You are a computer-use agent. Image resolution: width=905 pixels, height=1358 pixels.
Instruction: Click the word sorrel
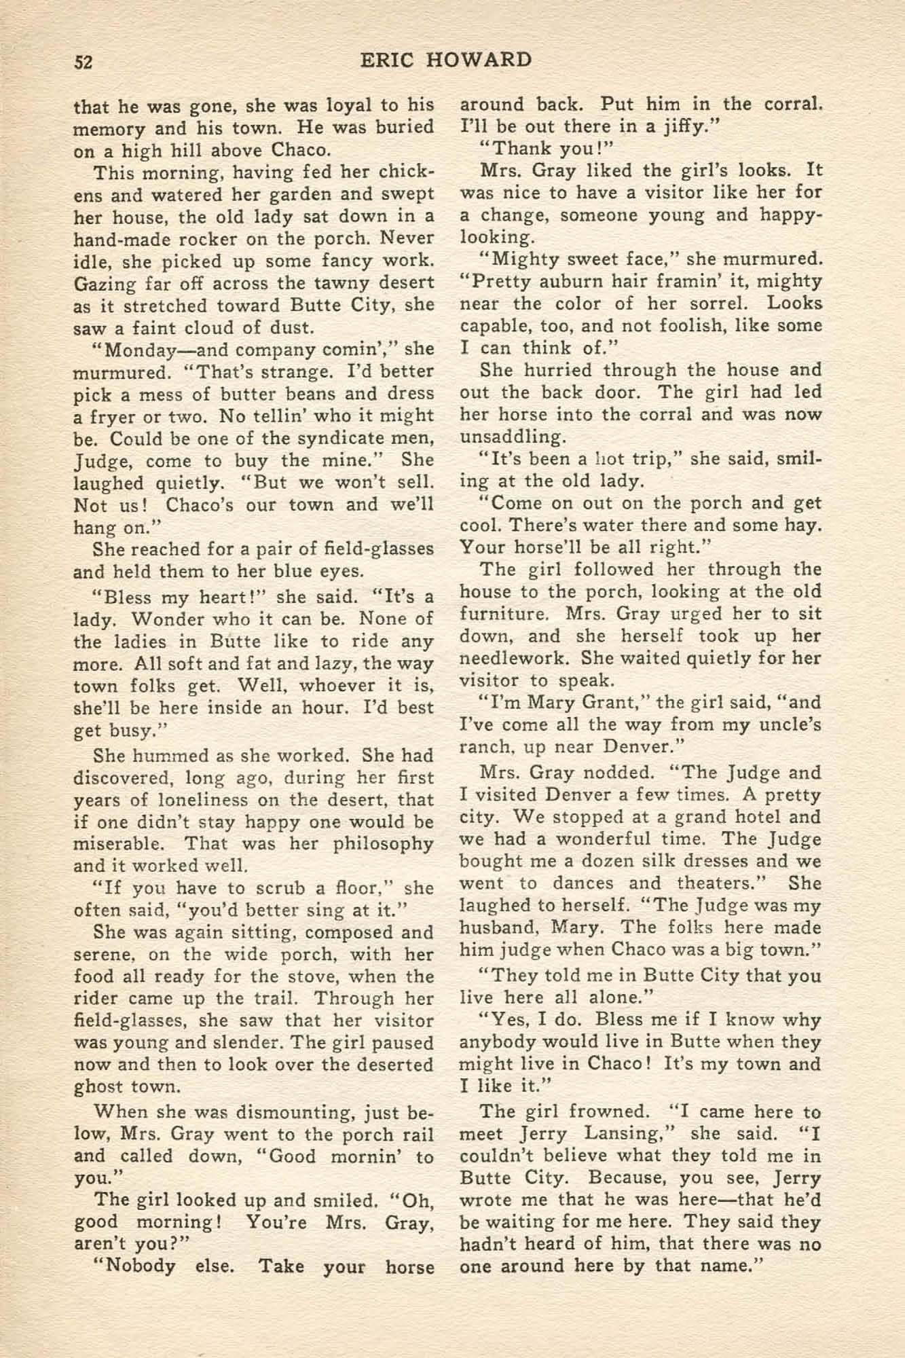tap(718, 303)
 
